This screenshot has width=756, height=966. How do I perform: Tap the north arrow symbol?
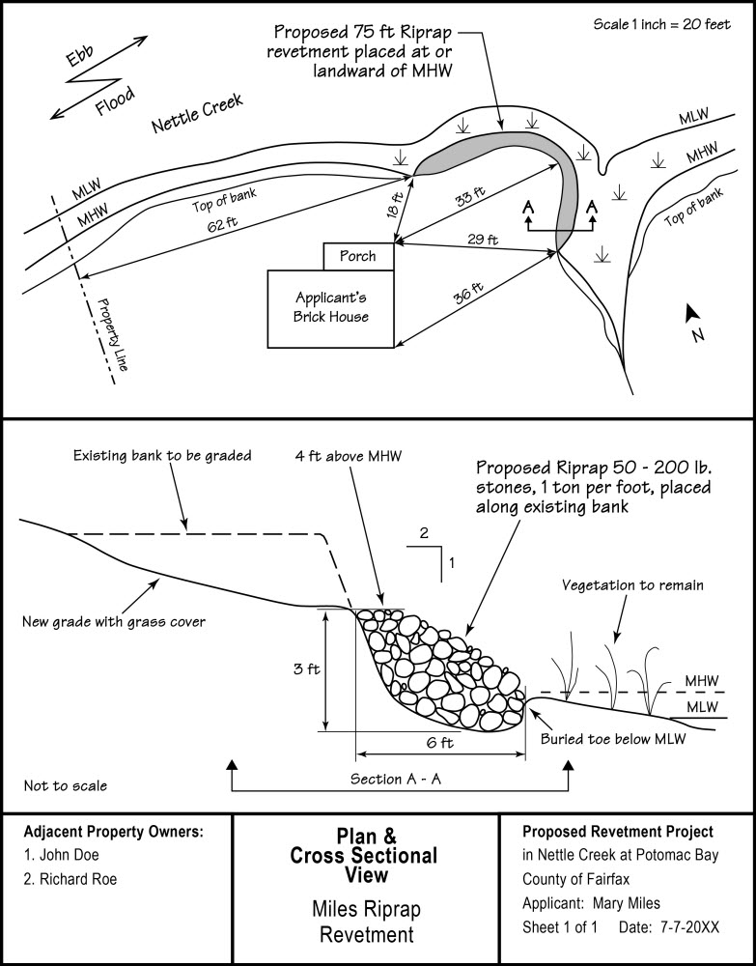pos(692,313)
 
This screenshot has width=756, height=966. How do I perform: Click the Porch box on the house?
pos(358,256)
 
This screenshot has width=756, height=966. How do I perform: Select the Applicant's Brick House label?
pos(331,308)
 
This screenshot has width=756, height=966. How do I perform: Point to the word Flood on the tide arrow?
pos(115,99)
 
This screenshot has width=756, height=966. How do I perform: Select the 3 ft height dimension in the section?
pos(306,668)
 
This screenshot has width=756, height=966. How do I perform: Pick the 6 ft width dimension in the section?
pos(439,743)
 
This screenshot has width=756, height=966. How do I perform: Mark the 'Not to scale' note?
pos(65,785)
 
